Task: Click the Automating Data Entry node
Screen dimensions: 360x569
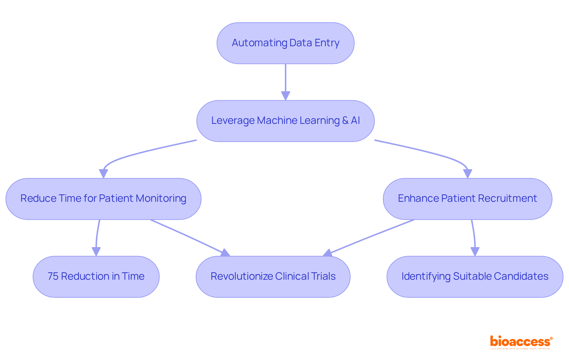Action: [285, 43]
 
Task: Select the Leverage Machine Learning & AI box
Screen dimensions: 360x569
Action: [285, 121]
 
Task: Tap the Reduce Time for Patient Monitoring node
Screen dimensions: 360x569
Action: [103, 199]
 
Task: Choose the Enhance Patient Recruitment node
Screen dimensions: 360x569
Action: [467, 199]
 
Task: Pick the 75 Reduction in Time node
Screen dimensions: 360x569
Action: [96, 277]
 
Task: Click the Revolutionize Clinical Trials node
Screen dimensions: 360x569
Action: [273, 277]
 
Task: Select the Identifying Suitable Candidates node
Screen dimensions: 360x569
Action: [475, 277]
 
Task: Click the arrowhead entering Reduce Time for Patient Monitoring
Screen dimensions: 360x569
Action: [103, 174]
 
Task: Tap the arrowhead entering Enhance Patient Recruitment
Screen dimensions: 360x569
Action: [467, 174]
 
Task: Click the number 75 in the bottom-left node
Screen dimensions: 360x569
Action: [53, 276]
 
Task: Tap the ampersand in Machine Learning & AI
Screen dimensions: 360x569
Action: [345, 121]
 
